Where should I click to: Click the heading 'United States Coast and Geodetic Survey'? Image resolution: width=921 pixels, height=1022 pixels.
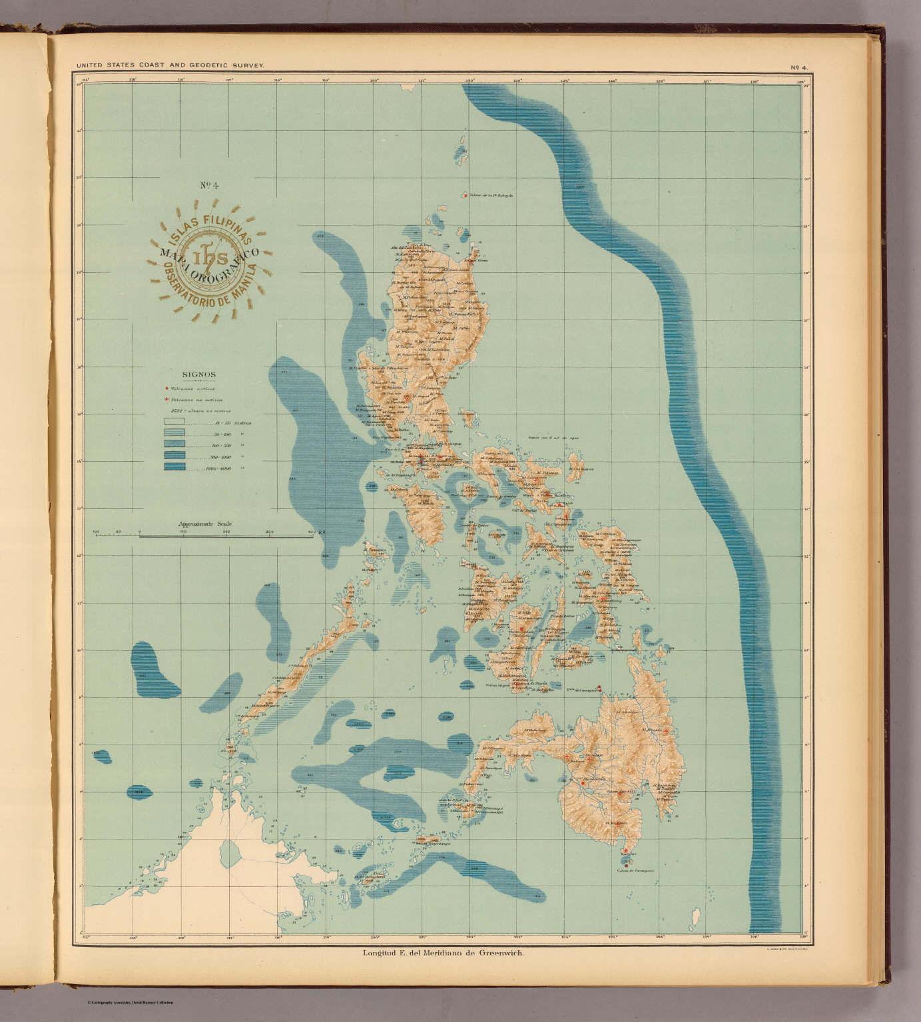[x=170, y=65]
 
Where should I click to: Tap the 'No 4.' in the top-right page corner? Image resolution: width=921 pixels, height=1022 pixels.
[x=798, y=67]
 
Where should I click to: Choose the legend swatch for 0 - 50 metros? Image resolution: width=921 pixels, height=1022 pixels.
[x=174, y=423]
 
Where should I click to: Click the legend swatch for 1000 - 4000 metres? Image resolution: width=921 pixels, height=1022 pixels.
[x=174, y=468]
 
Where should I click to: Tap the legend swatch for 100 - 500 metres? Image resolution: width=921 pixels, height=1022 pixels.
[x=174, y=445]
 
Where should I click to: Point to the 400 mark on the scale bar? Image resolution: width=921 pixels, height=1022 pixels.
[x=310, y=532]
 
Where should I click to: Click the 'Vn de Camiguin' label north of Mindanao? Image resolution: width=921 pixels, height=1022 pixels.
[x=578, y=689]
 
